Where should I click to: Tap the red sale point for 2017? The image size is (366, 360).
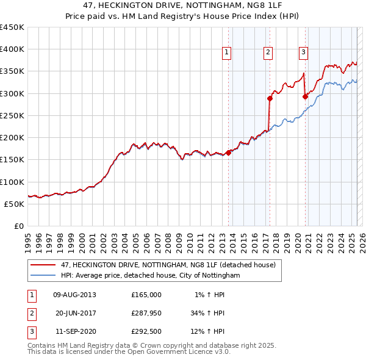click(x=269, y=98)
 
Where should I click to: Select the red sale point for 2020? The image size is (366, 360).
click(x=304, y=96)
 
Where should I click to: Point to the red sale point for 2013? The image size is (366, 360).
click(x=228, y=153)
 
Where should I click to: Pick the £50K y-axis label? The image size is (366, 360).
click(x=15, y=204)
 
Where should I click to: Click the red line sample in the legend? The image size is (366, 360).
click(x=43, y=265)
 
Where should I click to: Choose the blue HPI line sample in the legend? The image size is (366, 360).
click(x=43, y=276)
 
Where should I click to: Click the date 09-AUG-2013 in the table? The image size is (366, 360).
click(x=75, y=295)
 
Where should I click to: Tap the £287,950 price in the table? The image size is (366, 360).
click(x=146, y=314)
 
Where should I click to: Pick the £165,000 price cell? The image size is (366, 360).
click(x=146, y=295)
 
